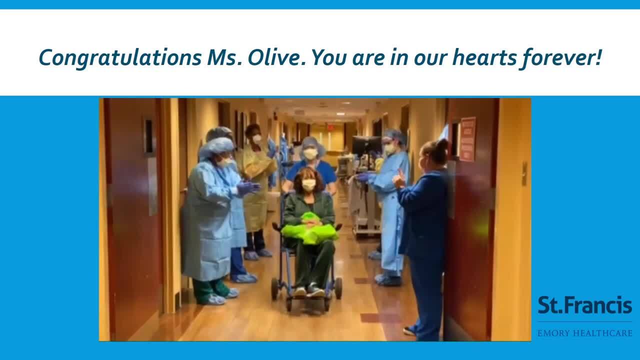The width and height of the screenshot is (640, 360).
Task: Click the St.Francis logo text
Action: tap(584, 305)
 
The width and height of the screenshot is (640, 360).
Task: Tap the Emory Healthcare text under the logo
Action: tap(584, 333)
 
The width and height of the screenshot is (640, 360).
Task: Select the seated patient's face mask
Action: tap(308, 185)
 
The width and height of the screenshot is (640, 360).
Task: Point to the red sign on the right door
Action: tap(467, 139)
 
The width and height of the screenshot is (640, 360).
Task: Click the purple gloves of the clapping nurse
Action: tap(247, 188)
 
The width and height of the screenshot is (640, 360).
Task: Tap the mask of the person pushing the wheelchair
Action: tap(310, 154)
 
